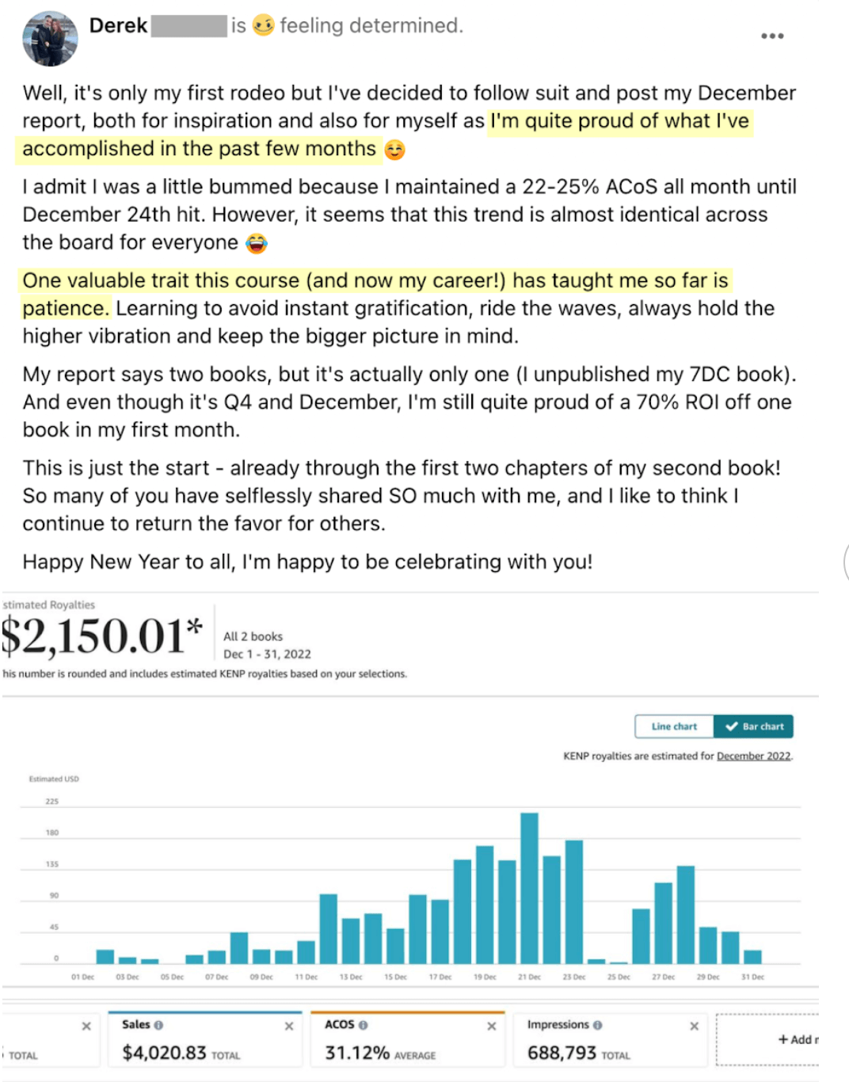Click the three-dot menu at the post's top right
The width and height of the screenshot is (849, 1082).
772,36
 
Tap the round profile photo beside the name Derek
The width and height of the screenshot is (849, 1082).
50,39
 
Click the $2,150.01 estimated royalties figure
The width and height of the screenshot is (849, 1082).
101,636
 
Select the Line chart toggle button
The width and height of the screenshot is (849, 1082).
674,726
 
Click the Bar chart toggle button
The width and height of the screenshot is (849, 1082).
754,726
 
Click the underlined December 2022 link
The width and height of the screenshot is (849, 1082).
753,756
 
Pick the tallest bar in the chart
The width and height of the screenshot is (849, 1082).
529,887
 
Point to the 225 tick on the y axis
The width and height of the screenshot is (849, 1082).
51,802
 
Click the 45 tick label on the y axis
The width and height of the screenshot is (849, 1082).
54,927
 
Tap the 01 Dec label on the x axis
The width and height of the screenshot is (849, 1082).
82,977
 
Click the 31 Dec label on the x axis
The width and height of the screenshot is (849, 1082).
752,977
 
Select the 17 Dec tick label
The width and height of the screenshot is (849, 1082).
440,977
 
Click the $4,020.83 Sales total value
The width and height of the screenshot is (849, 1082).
164,1053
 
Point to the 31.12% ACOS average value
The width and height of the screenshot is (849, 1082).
357,1053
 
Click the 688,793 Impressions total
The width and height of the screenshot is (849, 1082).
562,1053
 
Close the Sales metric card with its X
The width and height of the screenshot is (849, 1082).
289,1027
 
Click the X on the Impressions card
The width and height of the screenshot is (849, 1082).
694,1027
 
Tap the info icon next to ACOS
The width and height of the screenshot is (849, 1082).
363,1025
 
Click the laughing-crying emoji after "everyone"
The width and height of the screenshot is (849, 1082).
256,243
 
